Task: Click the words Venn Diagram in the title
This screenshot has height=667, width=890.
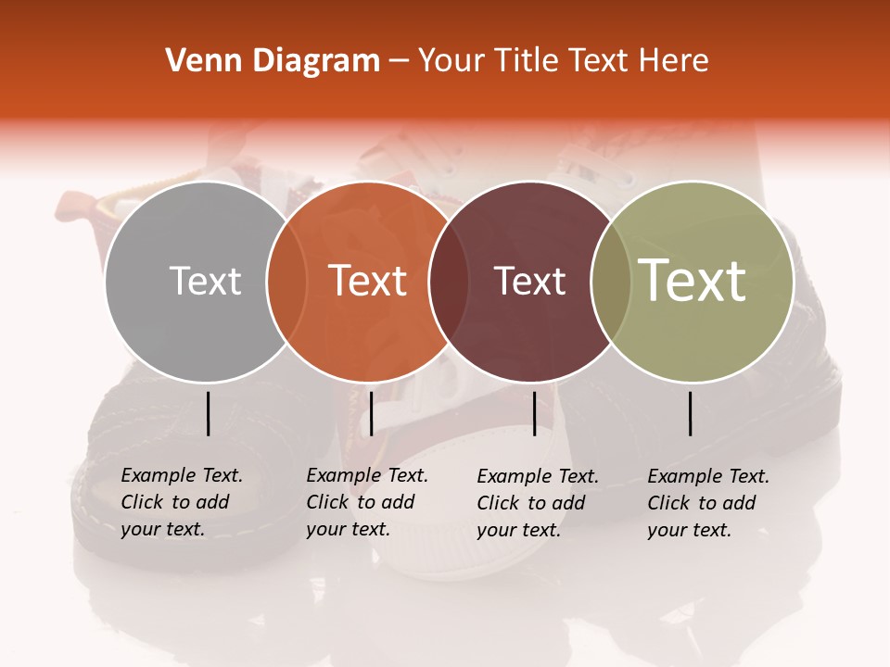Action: pos(273,61)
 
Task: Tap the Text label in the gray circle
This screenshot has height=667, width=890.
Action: pos(205,281)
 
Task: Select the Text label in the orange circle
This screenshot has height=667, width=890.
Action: pos(368,281)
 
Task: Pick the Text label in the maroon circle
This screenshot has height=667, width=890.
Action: pos(530,281)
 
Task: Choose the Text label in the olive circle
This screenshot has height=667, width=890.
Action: pos(693,281)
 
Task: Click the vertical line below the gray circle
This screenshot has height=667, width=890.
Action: pos(208,413)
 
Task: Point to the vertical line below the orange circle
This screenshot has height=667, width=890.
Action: pos(371,413)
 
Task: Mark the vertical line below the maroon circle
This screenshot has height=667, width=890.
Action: pos(534,413)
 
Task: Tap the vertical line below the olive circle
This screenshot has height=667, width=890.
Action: pos(691,413)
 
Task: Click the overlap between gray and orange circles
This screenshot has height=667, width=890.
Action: pos(286,281)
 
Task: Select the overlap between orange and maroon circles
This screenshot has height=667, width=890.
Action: pos(449,281)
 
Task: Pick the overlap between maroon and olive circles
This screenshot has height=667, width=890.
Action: pos(609,281)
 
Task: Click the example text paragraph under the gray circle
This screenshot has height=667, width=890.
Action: pos(182,502)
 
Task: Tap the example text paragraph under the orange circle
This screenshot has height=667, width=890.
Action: pos(367,502)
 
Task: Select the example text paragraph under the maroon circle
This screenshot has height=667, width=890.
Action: pos(538,503)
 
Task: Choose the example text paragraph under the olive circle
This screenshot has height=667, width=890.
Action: pos(708,503)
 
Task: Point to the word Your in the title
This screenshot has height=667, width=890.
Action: pos(451,61)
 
